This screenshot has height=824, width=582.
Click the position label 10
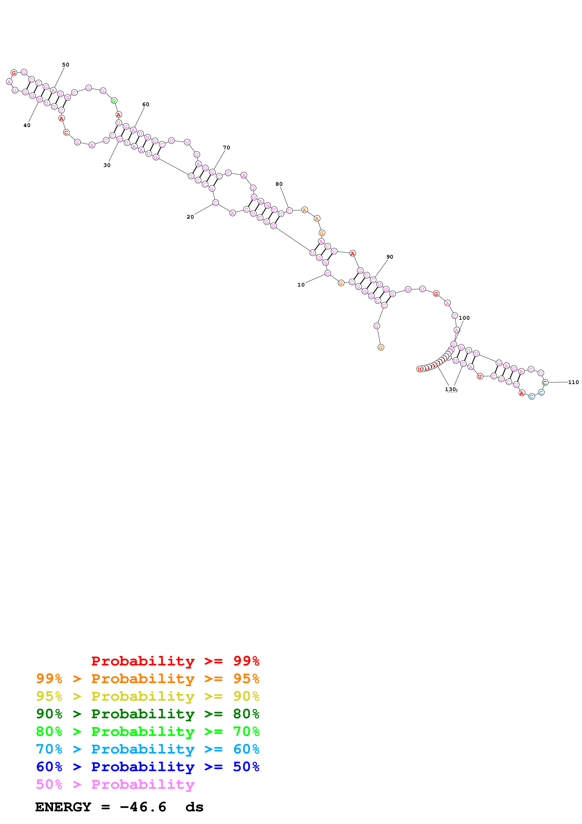pos(301,285)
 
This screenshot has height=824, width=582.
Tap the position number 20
pos(190,217)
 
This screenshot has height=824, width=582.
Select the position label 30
pos(107,165)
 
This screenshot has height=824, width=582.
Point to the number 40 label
pos(27,125)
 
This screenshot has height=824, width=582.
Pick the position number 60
pos(146,105)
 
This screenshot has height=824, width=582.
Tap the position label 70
pos(226,148)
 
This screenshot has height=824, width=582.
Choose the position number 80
pos(279,184)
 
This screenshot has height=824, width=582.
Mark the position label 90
pos(390,257)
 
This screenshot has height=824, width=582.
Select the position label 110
pos(573,382)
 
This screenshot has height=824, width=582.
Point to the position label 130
pos(450,389)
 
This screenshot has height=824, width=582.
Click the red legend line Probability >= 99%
pos(175,661)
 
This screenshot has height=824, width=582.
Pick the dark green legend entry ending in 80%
pos(147,714)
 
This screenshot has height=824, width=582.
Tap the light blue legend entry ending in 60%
pos(147,749)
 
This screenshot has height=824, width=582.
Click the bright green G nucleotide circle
pos(114,101)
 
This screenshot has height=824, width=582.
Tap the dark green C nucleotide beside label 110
pos(545,383)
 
